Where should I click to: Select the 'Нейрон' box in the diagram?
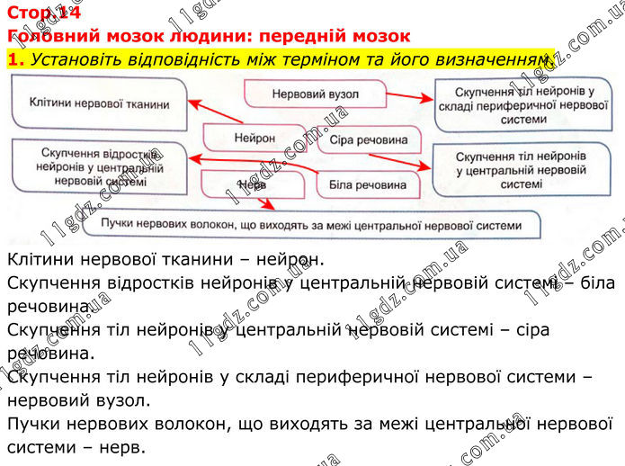point(254,139)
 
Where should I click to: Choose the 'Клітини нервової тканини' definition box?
point(99,104)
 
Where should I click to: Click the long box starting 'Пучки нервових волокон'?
point(310,224)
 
